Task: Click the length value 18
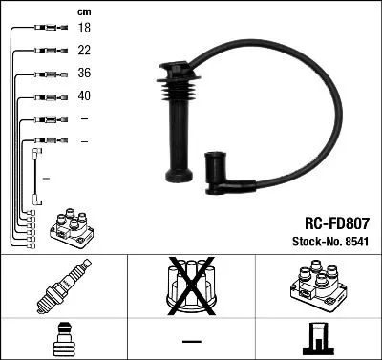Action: pos(84,30)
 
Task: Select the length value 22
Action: pos(84,52)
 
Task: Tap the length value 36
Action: pos(84,74)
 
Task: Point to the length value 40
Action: pos(84,97)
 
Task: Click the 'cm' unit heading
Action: pos(83,11)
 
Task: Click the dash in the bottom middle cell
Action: pos(191,341)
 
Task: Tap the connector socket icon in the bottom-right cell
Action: pos(317,339)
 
